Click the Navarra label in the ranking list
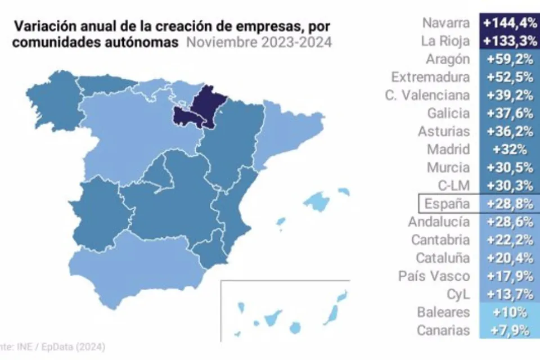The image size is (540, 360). [445, 22]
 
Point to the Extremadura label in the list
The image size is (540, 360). [430, 76]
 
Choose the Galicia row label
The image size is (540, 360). [448, 113]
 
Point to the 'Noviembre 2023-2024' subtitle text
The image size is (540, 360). [258, 42]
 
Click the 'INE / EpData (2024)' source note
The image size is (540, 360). [53, 346]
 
